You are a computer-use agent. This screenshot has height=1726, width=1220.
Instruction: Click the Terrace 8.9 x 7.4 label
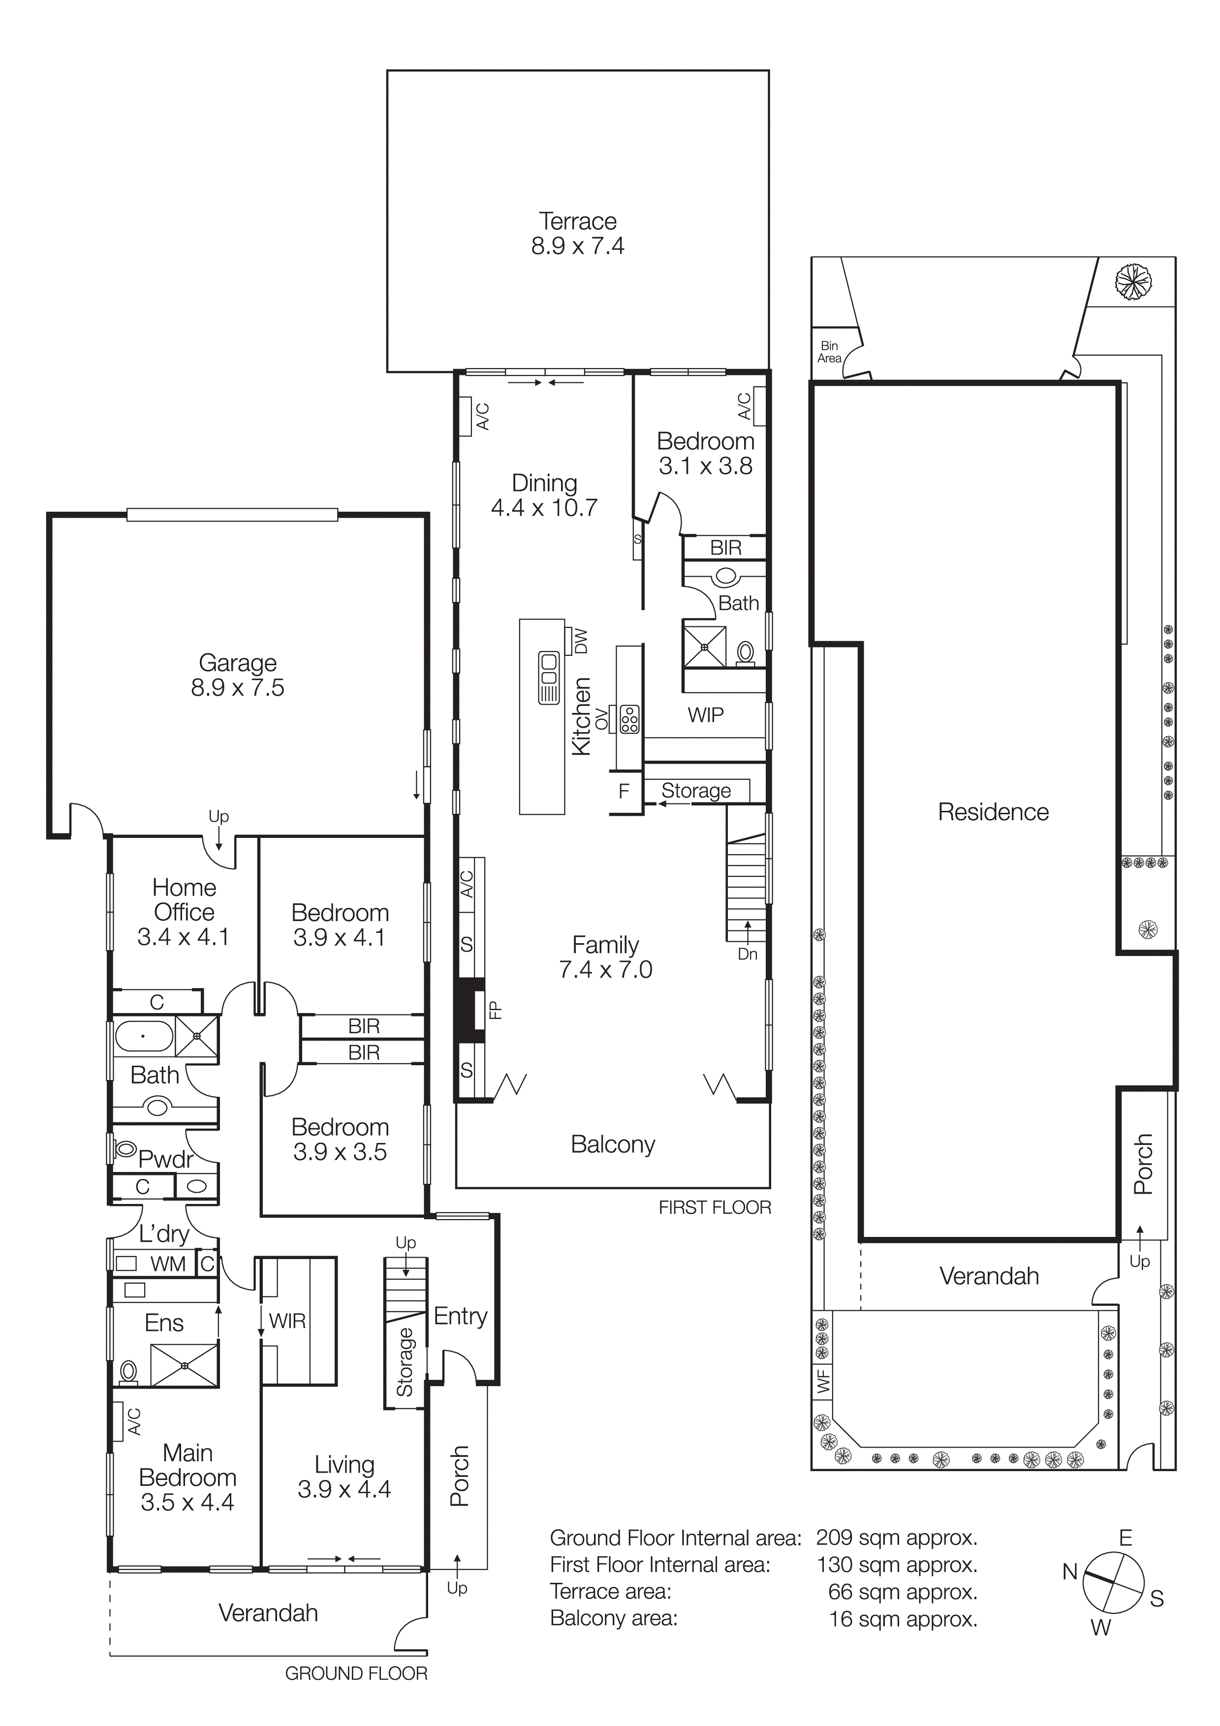577,233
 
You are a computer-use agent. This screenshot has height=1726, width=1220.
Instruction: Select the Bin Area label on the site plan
829,352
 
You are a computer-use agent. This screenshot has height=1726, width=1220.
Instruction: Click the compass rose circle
1113,1583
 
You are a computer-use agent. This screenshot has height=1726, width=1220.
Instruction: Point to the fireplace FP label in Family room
495,1010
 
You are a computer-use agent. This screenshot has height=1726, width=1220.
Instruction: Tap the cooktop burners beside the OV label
629,719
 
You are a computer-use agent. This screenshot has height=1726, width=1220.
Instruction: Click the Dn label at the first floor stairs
747,954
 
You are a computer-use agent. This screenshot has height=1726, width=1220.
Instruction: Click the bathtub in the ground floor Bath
143,1036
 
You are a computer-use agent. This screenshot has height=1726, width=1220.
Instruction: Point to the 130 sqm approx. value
897,1565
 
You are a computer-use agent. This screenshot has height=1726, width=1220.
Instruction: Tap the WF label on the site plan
823,1381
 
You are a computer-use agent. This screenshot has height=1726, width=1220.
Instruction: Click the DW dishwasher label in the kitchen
580,641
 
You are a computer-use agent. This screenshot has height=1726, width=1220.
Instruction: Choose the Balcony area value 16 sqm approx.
903,1619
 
